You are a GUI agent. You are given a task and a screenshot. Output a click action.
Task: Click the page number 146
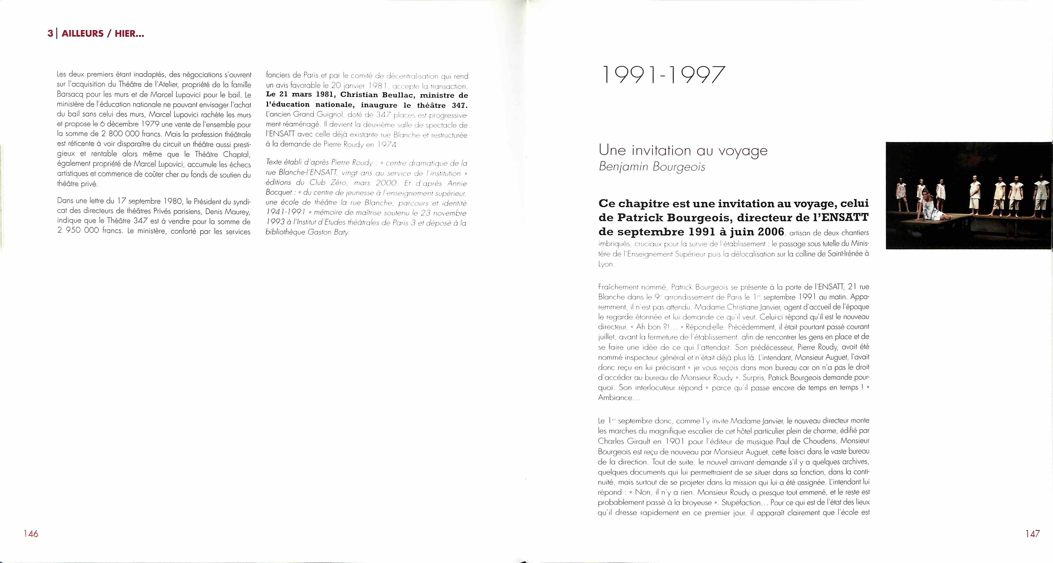tap(31, 534)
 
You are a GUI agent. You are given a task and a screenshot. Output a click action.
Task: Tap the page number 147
tap(1032, 534)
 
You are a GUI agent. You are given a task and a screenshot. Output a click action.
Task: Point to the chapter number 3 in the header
tap(50, 34)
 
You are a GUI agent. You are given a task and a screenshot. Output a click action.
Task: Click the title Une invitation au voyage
tap(683, 150)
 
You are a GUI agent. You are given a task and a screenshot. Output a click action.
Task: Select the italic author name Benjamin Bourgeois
tap(652, 167)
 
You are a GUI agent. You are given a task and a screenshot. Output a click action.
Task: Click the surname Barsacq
tap(70, 94)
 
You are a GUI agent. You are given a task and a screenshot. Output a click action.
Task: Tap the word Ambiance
tap(614, 397)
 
